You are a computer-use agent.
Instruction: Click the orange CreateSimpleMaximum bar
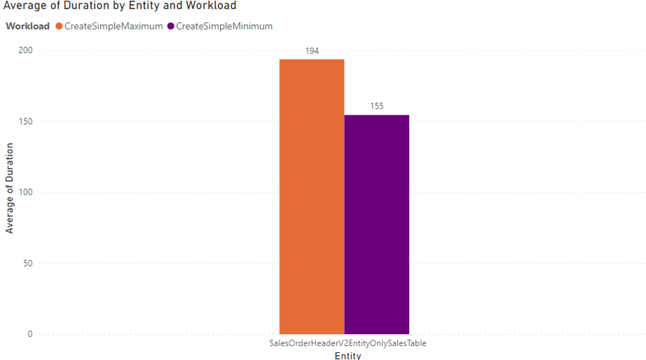pos(312,196)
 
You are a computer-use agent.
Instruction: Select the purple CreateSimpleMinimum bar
pos(376,224)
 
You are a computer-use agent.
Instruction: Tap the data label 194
pos(312,51)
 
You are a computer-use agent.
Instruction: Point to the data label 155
pos(376,106)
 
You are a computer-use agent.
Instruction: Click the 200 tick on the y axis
pos(25,51)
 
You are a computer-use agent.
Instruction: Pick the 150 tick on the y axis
pos(25,122)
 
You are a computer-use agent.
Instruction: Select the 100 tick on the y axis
pos(25,193)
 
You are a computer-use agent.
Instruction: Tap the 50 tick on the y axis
pos(27,263)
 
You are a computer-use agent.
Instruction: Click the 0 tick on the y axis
pos(30,334)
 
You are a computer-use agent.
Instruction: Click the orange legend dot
pos(59,27)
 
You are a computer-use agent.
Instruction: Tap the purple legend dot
pos(171,27)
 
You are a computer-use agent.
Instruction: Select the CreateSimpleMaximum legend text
pos(114,27)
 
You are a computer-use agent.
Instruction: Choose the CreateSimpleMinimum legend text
pos(224,27)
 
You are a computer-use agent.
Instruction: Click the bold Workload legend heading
pos(28,27)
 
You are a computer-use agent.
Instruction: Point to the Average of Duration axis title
pos(10,188)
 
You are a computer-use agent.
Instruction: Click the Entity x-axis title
pos(348,356)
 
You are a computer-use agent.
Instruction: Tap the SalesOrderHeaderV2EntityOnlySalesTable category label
pos(348,344)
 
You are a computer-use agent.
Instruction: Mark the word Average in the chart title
pos(24,6)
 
